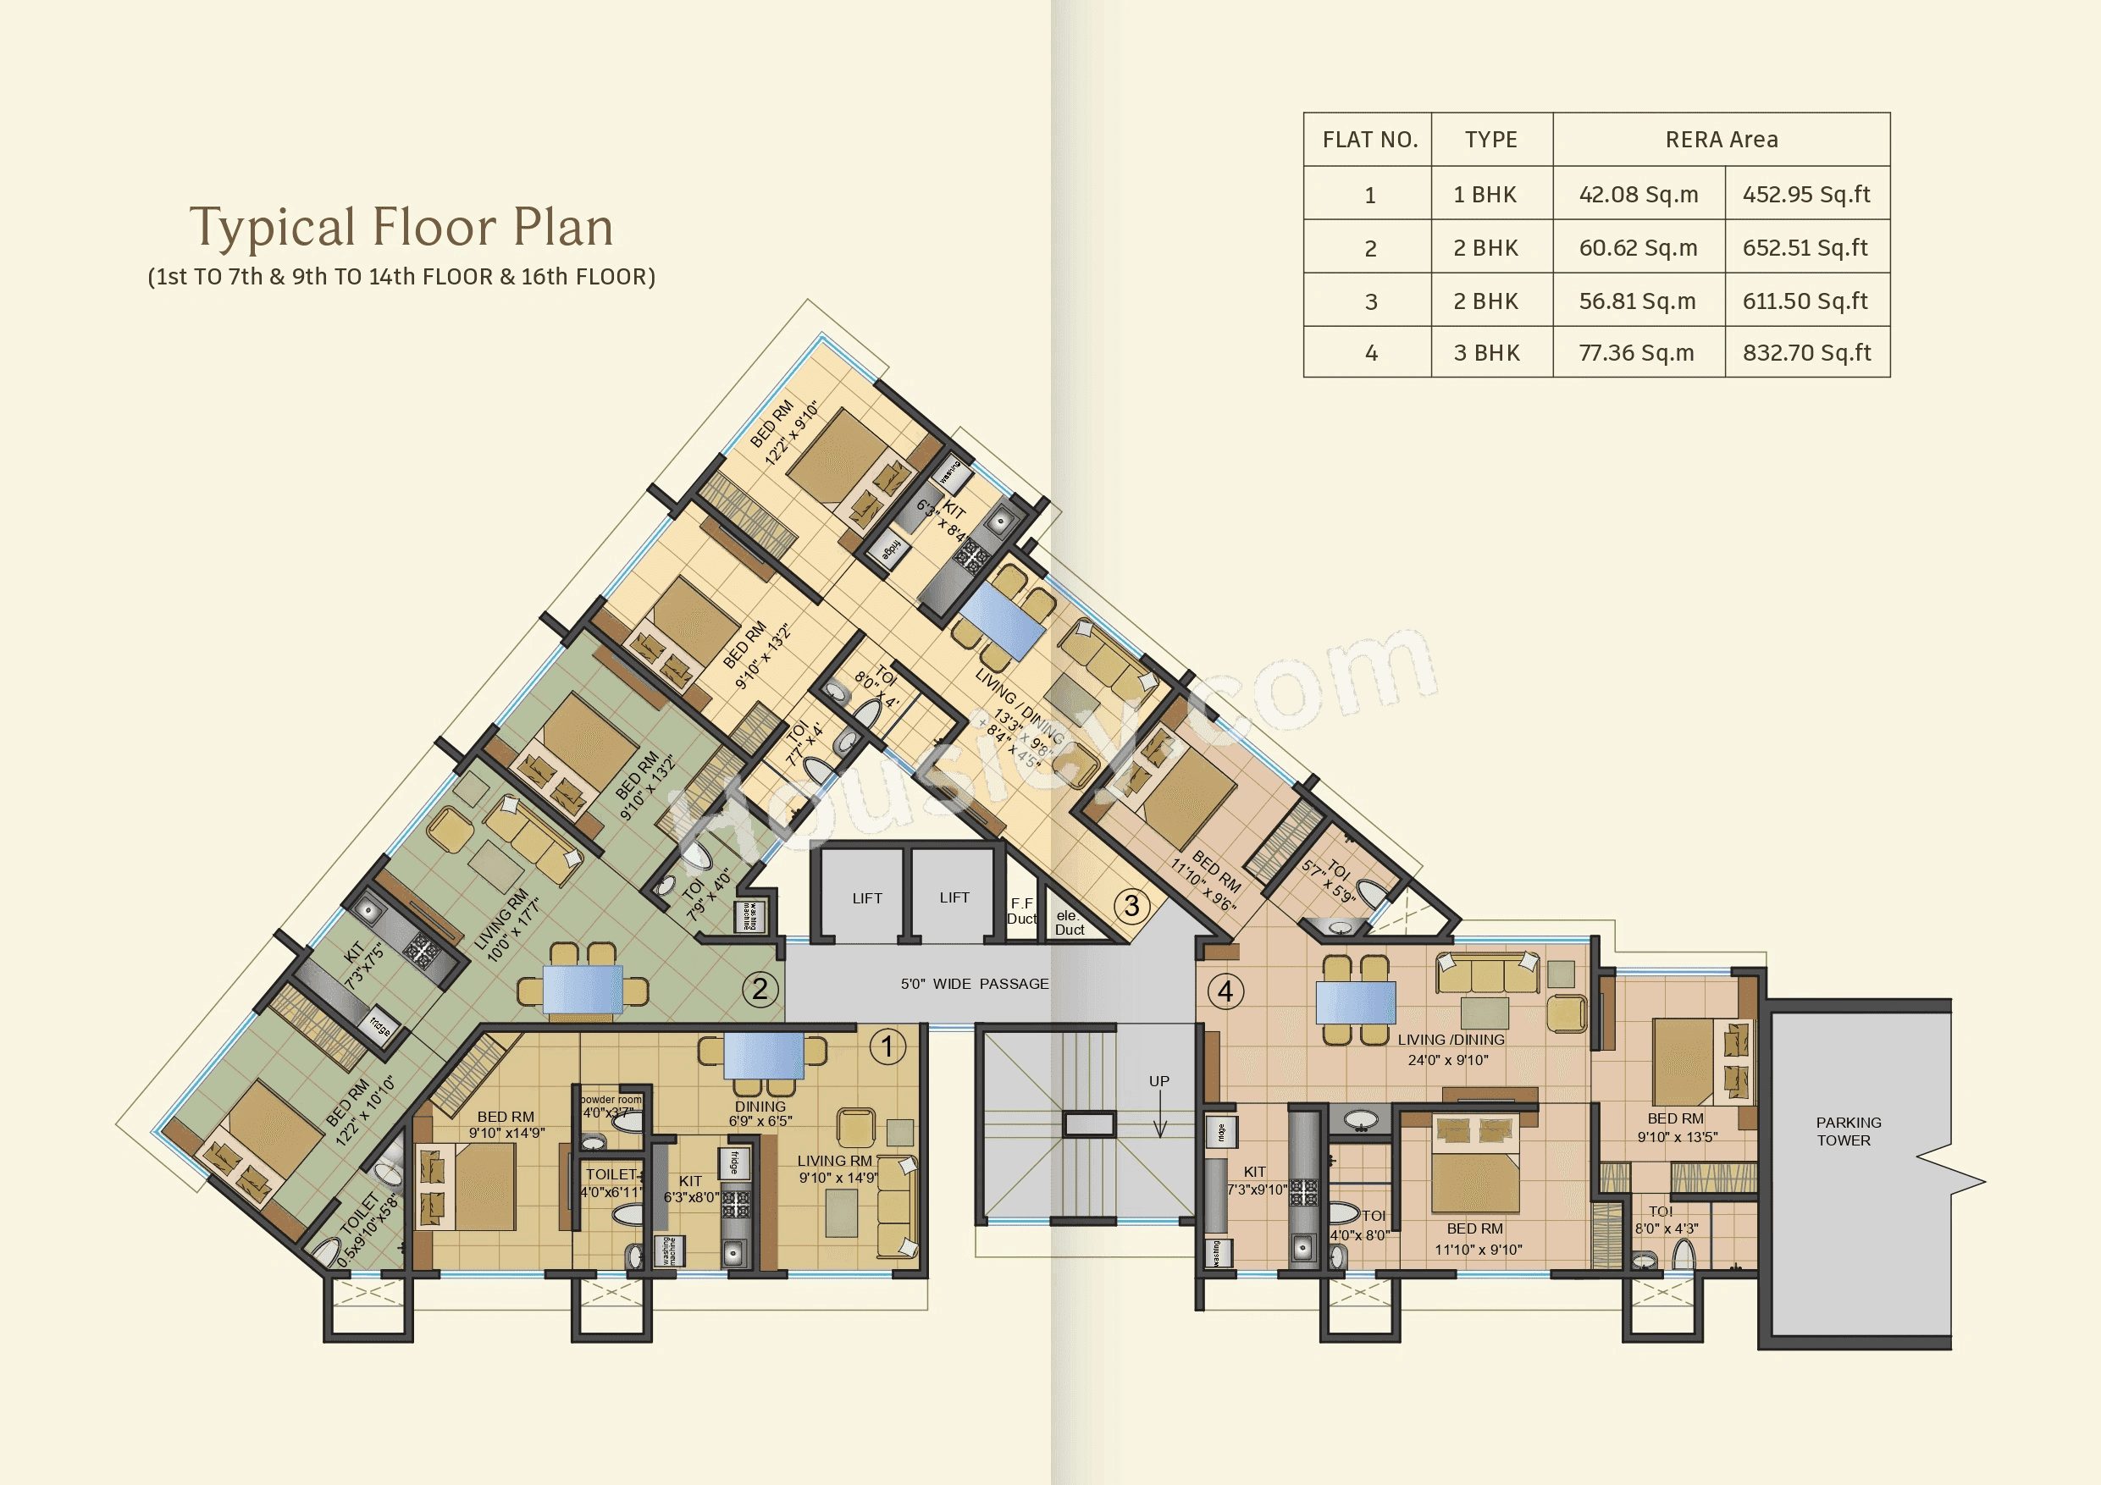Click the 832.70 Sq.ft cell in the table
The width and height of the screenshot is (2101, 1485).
(x=1806, y=352)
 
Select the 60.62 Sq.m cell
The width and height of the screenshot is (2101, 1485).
(x=1638, y=248)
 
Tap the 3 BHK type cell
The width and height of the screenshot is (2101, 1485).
(x=1486, y=352)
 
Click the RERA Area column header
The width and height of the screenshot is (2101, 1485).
(x=1722, y=140)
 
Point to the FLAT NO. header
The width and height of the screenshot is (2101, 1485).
(x=1369, y=140)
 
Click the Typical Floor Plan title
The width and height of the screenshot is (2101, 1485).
(x=401, y=227)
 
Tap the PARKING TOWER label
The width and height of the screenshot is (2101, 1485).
(x=1848, y=1131)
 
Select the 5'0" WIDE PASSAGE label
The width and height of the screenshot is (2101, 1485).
(x=974, y=984)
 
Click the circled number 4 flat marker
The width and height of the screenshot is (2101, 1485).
(x=1225, y=991)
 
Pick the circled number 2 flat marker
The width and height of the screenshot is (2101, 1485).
(x=760, y=988)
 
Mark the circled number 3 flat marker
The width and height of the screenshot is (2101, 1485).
(x=1132, y=906)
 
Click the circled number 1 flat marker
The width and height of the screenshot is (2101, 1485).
(x=887, y=1046)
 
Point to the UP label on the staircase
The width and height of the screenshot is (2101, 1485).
(x=1158, y=1081)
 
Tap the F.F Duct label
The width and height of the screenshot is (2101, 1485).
(x=1021, y=910)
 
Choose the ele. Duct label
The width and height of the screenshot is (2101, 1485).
(x=1069, y=922)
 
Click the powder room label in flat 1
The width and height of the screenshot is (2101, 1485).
(x=611, y=1100)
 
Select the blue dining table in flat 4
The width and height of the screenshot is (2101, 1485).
(x=1355, y=1002)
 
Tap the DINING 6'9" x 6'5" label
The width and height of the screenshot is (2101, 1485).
(x=760, y=1113)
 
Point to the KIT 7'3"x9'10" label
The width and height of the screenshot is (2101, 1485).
(x=1256, y=1180)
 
